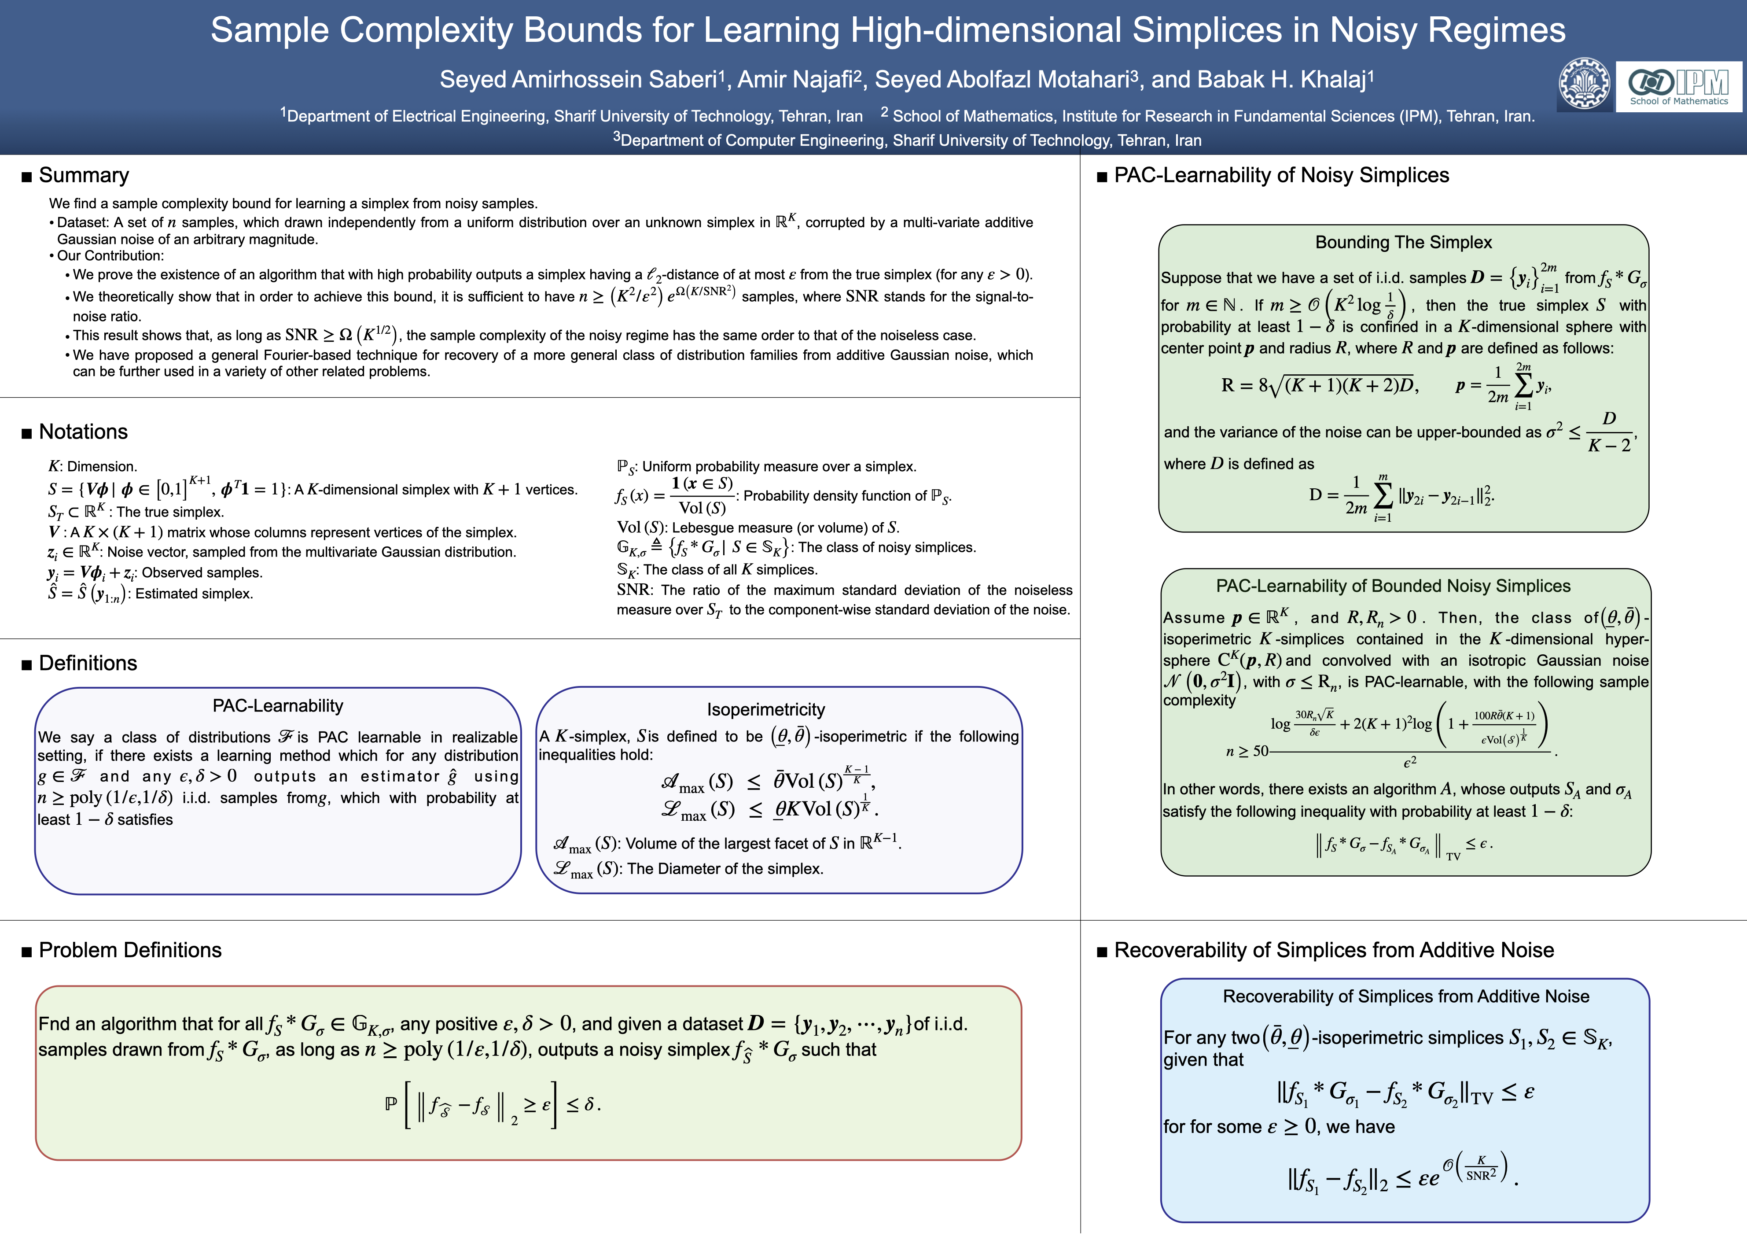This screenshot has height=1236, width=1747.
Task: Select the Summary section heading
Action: click(84, 175)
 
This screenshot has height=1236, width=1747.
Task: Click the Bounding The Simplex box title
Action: click(1403, 242)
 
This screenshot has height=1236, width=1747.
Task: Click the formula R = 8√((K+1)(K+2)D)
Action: click(1319, 386)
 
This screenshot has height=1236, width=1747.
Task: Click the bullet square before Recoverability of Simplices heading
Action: click(1102, 952)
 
